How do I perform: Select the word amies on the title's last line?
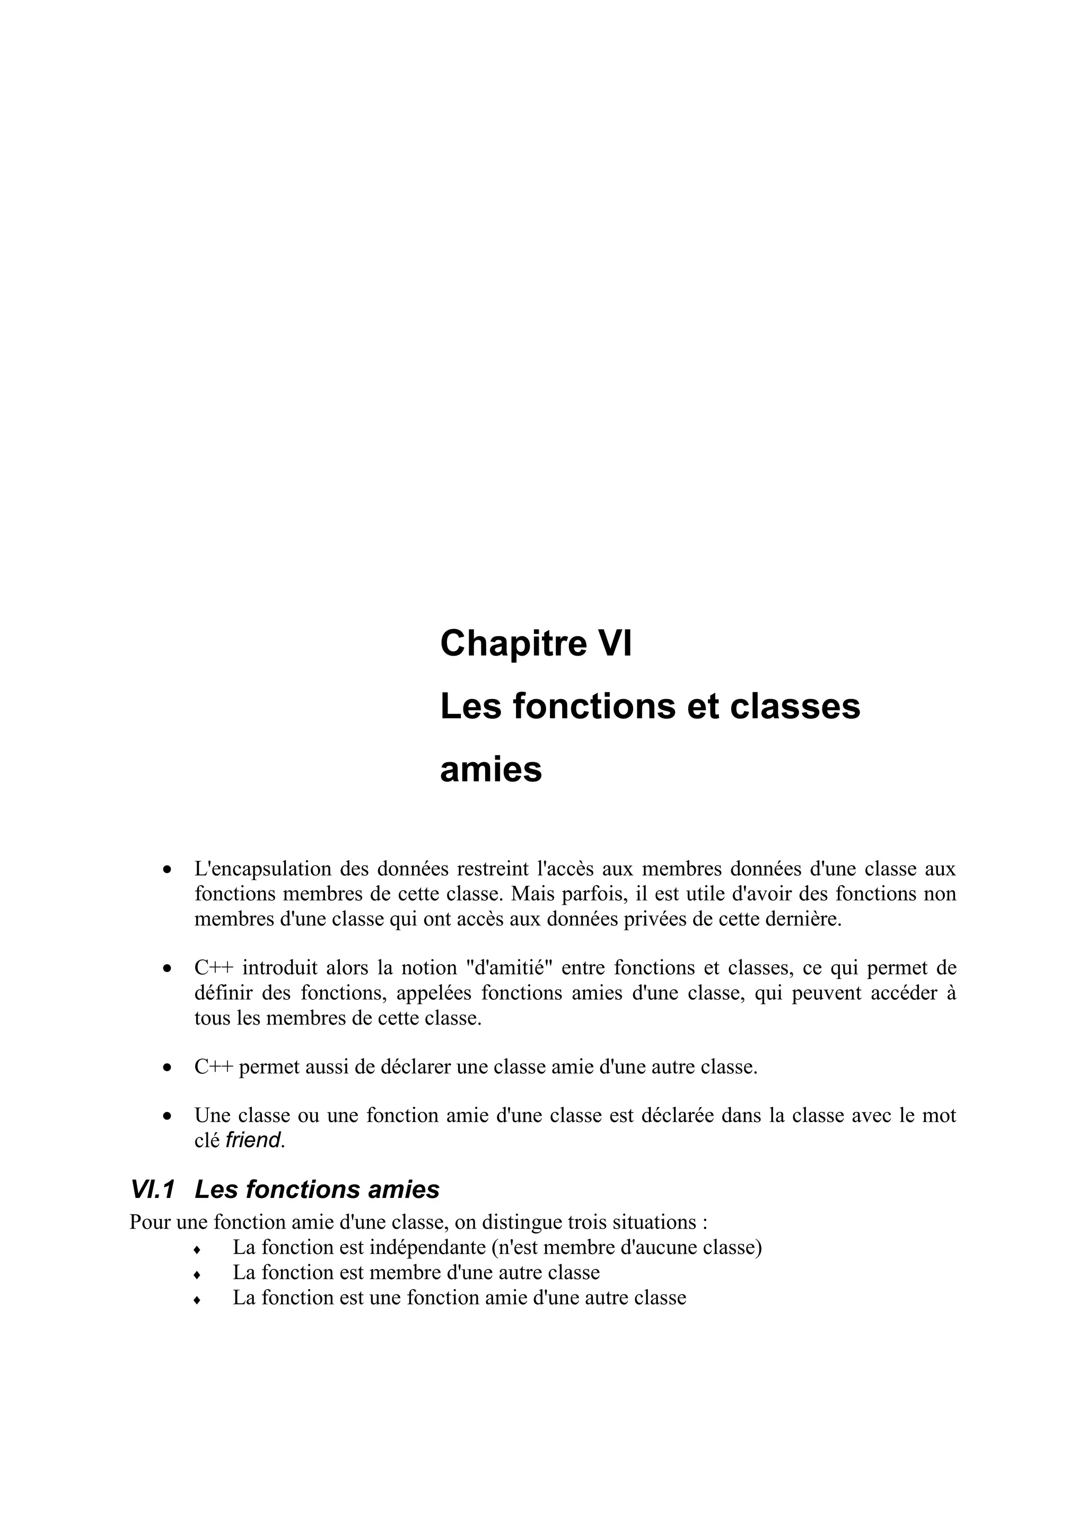tap(491, 770)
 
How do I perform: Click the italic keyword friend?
tap(253, 1141)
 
